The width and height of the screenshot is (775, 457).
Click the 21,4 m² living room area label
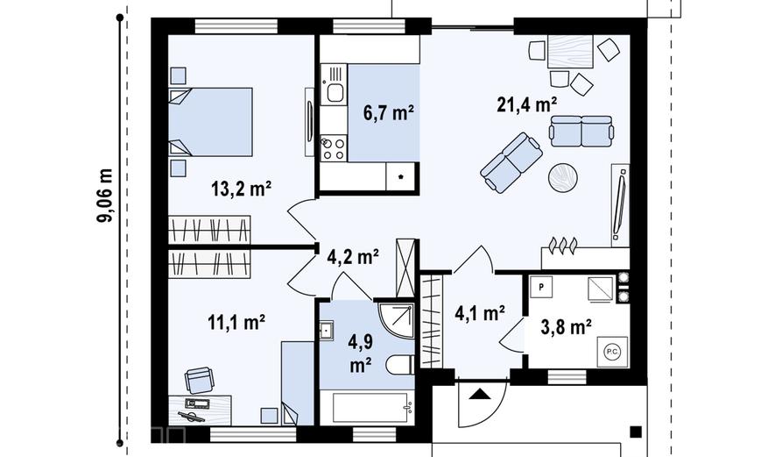pos(527,105)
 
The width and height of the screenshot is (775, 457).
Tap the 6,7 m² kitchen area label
pos(389,113)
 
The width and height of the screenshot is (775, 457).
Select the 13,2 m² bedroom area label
pos(241,189)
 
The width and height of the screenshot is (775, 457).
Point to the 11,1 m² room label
pos(236,323)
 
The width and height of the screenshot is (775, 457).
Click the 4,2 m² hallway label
pos(353,256)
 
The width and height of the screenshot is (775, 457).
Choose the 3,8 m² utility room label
pos(567,327)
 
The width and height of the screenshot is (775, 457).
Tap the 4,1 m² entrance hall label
pos(479,313)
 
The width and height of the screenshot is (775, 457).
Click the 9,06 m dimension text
pos(105,196)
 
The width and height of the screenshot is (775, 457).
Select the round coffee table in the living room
pos(562,177)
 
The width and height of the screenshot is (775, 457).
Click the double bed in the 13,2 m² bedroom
pos(210,122)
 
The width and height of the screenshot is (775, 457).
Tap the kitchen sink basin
pos(335,92)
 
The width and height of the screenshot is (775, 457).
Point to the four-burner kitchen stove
pos(333,149)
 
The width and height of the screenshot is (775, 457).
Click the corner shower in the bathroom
pos(396,320)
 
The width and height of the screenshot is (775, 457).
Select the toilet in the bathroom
pos(399,365)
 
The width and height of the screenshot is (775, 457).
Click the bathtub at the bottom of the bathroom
pos(370,408)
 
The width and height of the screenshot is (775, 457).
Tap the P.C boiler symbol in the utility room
pos(612,352)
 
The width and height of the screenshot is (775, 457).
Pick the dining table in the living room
pos(570,51)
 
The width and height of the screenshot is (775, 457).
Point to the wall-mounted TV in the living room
pos(620,204)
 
